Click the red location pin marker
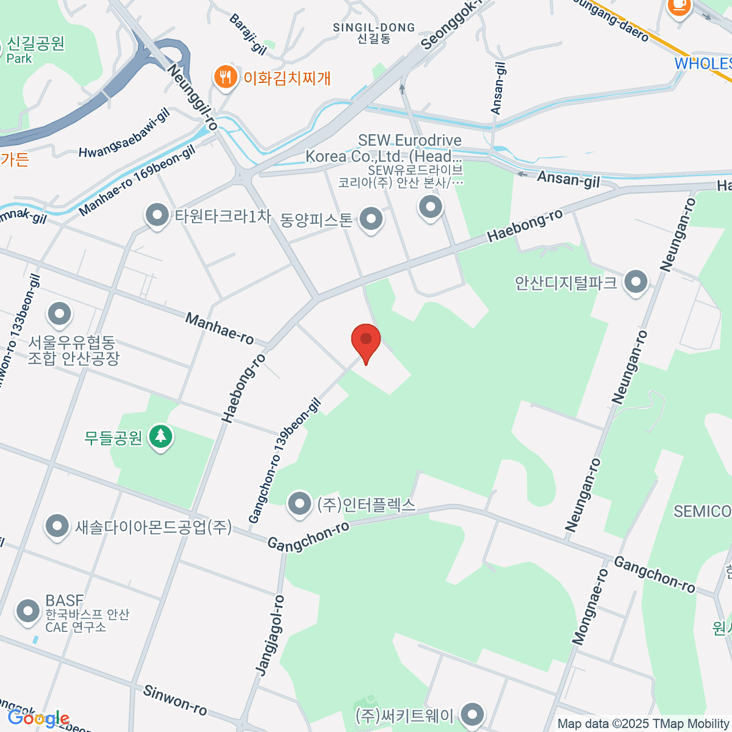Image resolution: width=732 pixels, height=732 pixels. tap(366, 340)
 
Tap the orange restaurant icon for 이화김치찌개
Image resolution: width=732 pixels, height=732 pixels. tap(225, 77)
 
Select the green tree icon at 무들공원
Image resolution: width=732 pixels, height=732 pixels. tap(161, 436)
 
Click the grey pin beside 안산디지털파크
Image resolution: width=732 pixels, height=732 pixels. tap(637, 282)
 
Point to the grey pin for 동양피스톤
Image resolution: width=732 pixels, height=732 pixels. tap(370, 218)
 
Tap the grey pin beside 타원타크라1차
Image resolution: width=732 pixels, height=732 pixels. tap(157, 215)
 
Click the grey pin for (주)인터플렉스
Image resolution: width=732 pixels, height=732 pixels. tap(299, 504)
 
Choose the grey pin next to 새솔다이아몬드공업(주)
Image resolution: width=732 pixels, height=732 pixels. tap(57, 526)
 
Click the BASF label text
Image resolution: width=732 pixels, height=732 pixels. tap(64, 600)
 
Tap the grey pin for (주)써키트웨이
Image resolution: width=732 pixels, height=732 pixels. tap(472, 714)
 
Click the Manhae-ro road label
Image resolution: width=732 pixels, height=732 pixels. tap(220, 328)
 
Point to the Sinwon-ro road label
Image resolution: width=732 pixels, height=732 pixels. tap(175, 700)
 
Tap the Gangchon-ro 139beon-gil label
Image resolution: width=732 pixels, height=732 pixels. tap(284, 461)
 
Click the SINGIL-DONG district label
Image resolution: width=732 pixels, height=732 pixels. tap(374, 28)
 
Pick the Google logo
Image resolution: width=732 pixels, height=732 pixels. tap(38, 719)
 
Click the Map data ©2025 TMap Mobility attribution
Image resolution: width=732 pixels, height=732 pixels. tap(644, 723)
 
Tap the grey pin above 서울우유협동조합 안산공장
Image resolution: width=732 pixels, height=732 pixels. tap(60, 314)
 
